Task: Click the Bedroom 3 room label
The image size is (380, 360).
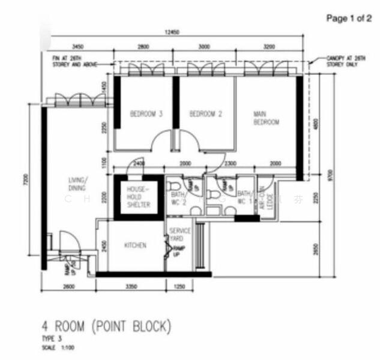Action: click(146, 114)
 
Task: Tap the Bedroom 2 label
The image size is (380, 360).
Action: click(206, 114)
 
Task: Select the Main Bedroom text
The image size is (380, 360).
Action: click(266, 118)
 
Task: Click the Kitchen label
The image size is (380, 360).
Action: click(135, 245)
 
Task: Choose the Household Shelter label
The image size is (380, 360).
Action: click(137, 197)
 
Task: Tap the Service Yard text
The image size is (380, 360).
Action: click(179, 235)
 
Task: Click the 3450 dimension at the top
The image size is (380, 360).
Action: click(78, 46)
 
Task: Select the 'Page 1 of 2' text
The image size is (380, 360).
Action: click(349, 19)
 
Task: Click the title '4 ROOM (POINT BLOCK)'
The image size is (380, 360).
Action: click(106, 327)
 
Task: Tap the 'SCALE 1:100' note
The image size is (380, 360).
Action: click(58, 348)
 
